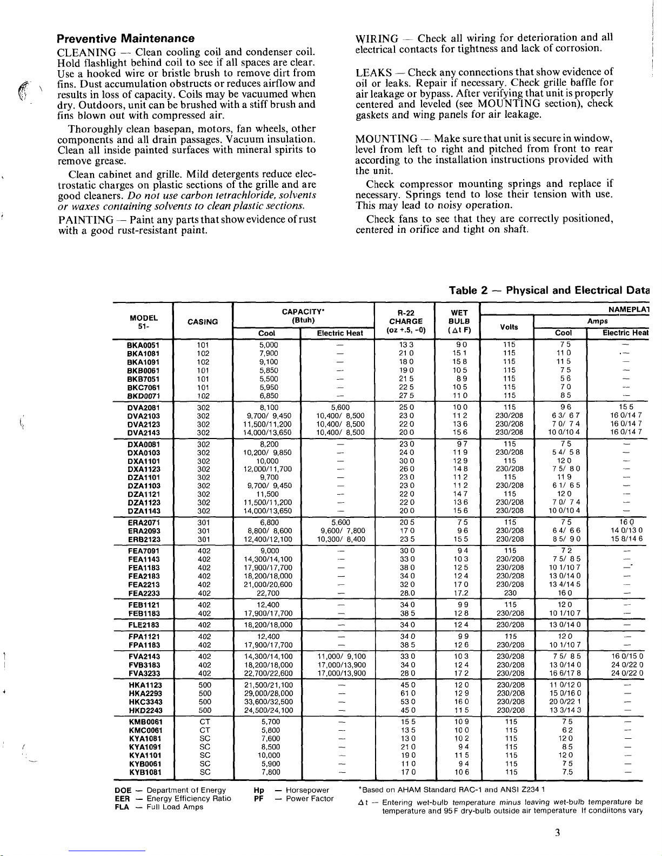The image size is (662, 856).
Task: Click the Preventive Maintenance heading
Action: point(126,39)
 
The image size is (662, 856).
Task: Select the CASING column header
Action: point(202,322)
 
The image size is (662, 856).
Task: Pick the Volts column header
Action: point(509,327)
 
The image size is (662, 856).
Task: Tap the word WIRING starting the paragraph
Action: point(377,39)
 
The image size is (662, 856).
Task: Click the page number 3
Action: point(557,832)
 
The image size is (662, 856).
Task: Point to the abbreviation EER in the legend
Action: point(122,798)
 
